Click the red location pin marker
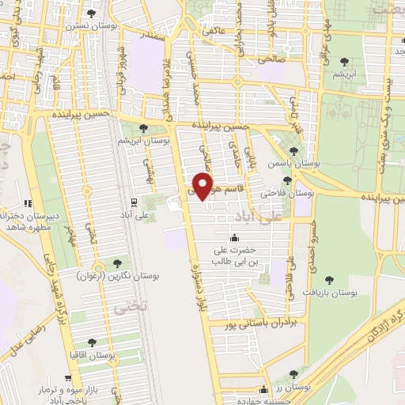(x=203, y=186)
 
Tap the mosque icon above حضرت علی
(x=233, y=237)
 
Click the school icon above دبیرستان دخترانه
(x=28, y=202)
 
